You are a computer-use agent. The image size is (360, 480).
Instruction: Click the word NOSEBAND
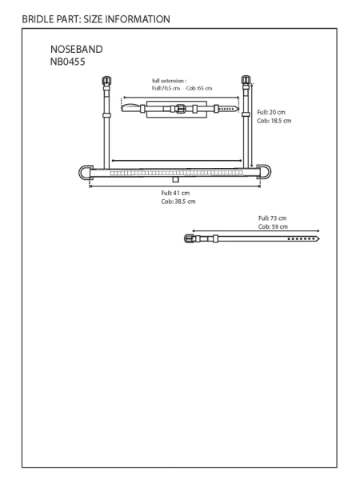(77, 50)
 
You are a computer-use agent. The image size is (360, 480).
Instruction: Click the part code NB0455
(68, 62)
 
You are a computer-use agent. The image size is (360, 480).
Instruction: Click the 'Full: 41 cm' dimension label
(175, 193)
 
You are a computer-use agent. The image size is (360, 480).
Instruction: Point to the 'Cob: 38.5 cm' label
(178, 202)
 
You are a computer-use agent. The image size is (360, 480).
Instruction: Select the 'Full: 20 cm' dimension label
(271, 112)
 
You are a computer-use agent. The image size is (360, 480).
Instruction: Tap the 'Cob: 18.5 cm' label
(274, 121)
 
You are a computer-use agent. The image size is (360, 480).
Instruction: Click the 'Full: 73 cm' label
(273, 218)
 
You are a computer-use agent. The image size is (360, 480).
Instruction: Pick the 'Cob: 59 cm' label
(273, 227)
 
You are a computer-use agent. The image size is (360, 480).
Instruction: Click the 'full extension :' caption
(170, 81)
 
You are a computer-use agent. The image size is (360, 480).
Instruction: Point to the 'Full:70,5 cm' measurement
(166, 88)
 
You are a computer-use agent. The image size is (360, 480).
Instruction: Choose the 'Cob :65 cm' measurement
(199, 88)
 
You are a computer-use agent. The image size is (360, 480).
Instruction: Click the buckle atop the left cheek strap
(106, 81)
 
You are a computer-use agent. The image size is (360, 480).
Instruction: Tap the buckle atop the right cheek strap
(246, 80)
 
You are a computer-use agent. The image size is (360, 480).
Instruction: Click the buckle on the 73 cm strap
(189, 238)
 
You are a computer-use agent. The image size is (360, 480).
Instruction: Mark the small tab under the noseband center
(175, 179)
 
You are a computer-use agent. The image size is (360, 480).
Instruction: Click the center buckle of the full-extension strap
(181, 109)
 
